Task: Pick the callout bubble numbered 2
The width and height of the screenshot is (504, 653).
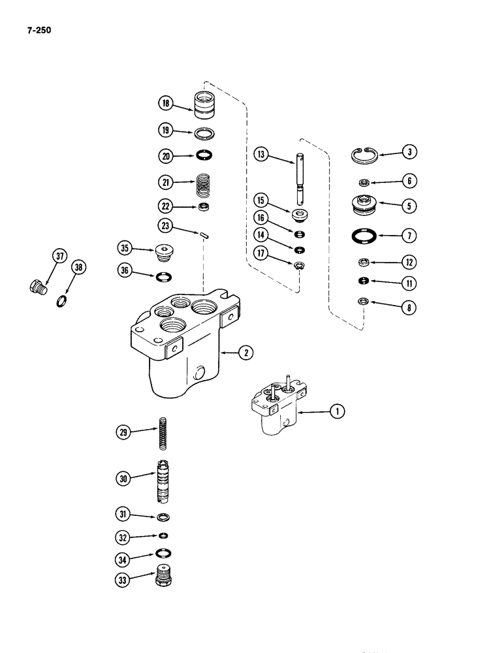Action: [x=244, y=353]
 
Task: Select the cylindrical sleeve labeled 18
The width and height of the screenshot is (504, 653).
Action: [x=206, y=104]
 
